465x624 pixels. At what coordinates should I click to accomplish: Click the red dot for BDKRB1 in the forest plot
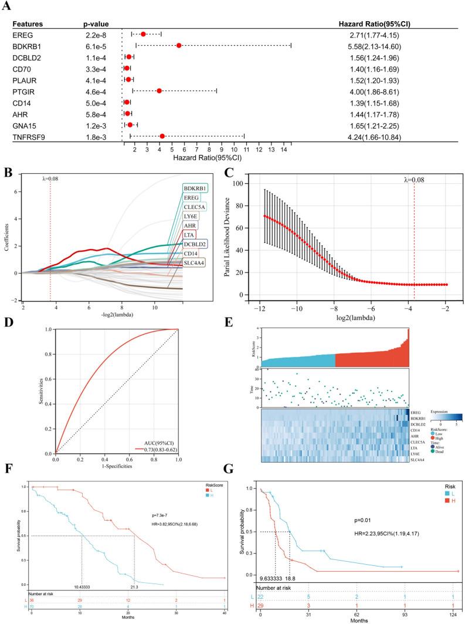click(x=179, y=45)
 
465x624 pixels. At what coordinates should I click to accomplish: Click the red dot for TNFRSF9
click(x=162, y=138)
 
